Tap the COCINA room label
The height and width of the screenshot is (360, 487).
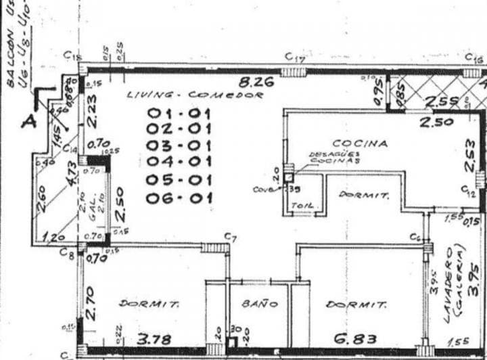[360, 143]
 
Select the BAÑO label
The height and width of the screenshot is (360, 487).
[259, 305]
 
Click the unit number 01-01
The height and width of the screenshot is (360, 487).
[179, 113]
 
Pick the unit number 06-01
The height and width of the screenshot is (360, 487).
[179, 198]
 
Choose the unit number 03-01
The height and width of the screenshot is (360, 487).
[179, 145]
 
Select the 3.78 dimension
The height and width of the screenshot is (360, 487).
[154, 338]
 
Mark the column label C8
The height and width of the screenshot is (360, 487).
[66, 254]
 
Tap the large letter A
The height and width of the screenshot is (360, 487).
[28, 122]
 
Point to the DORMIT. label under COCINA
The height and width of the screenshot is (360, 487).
[364, 196]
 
